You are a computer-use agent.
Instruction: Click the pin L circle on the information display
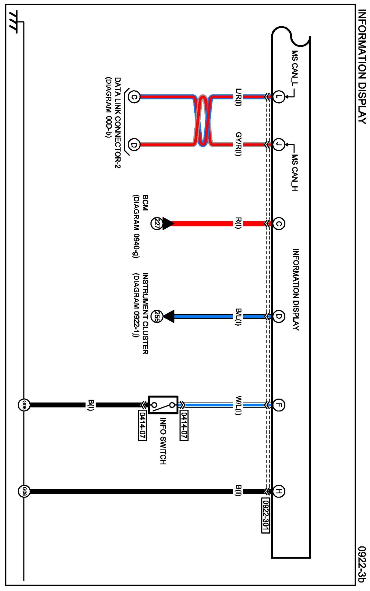coord(278,96)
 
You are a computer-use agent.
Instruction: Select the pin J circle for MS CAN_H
coord(278,145)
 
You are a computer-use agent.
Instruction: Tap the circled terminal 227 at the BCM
coord(156,224)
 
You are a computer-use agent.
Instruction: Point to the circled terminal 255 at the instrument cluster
coord(156,317)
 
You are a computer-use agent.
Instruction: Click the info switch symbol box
coord(163,405)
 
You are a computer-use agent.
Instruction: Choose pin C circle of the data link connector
coord(134,97)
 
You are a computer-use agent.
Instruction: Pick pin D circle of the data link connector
coord(134,145)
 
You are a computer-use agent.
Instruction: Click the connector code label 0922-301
coord(266,515)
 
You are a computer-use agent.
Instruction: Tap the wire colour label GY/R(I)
coord(238,144)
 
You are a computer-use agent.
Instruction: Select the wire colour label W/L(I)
coord(238,405)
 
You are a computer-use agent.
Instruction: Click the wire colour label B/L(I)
coord(238,317)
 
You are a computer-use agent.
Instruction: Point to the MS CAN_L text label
coord(294,69)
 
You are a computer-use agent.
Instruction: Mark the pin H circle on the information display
coord(278,491)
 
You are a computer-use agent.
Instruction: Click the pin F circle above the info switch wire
coord(278,405)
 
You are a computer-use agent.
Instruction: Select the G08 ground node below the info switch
coord(24,405)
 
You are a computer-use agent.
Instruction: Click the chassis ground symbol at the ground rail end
coord(13,22)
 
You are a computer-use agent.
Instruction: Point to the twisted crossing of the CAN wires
coord(203,121)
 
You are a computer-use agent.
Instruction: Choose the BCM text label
coord(145,203)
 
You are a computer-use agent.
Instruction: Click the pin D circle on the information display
coord(278,317)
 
